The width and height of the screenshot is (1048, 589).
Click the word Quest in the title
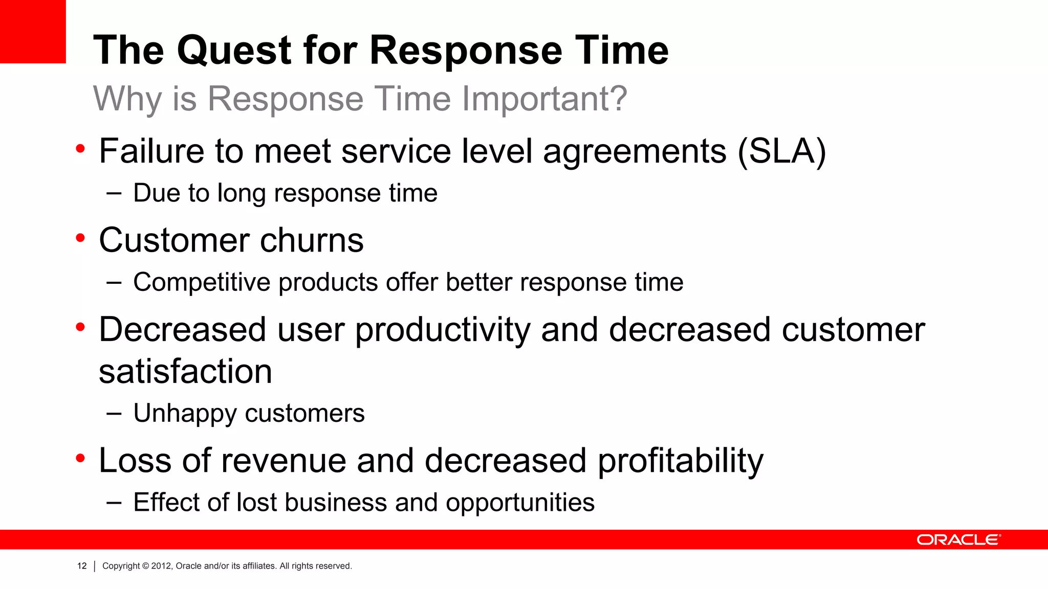click(x=234, y=51)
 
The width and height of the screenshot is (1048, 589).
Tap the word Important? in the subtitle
click(x=544, y=99)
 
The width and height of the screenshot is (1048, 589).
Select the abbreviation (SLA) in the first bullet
click(x=781, y=152)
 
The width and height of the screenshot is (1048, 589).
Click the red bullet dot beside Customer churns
click(x=80, y=238)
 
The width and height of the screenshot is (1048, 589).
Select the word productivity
click(x=443, y=330)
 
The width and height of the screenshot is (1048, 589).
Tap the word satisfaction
click(x=185, y=372)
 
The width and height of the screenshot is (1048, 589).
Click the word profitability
click(x=680, y=461)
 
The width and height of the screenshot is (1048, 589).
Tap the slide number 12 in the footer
click(x=82, y=566)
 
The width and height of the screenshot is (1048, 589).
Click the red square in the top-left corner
click(x=33, y=31)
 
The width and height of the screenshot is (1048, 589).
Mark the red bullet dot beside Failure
click(x=80, y=149)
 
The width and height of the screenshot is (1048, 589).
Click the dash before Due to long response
click(x=114, y=194)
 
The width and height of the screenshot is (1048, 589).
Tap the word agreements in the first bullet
click(x=635, y=152)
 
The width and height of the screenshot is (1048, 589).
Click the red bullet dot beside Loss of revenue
click(x=80, y=458)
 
